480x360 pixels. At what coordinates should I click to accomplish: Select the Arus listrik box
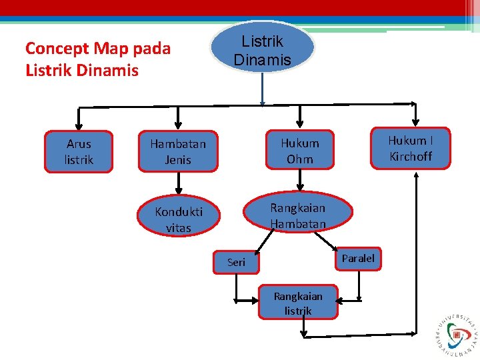pos(79,152)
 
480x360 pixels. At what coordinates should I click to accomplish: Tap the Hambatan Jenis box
pos(178,152)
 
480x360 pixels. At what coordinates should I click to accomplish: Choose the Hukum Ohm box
pos(300,151)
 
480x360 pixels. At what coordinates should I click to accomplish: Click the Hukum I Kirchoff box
pos(410,149)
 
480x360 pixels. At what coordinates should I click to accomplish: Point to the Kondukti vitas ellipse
pos(178,219)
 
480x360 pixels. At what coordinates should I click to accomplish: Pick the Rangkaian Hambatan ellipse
pos(297,215)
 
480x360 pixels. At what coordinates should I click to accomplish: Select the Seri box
pos(236,262)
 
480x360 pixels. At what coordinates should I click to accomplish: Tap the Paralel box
pos(358,258)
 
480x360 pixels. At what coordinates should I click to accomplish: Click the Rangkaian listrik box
pos(298,303)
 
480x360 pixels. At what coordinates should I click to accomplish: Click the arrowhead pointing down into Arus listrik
pos(79,125)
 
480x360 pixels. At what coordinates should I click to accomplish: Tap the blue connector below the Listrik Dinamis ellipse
pos(262,89)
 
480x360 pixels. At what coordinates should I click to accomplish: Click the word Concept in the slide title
pos(57,49)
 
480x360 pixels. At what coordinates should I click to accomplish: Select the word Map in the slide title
pos(111,49)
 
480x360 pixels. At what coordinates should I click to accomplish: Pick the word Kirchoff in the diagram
pos(411,157)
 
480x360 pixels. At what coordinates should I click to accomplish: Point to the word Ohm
pos(300,159)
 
